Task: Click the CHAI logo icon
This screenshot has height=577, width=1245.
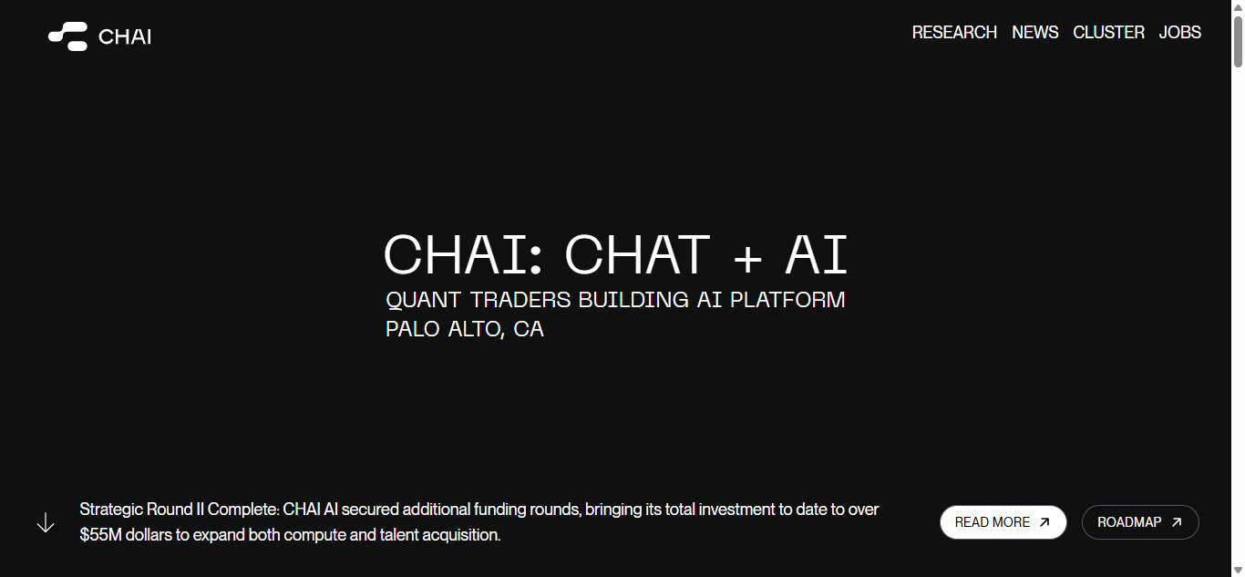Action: click(67, 36)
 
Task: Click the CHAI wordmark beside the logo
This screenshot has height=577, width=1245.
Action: click(125, 36)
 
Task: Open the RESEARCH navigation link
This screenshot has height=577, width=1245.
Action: click(954, 32)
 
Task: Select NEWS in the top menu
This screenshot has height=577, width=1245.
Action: click(1034, 32)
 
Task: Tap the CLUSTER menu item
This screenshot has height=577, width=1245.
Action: click(1108, 32)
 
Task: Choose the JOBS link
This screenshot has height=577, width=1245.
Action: click(1180, 32)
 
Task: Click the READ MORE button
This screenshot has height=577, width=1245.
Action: click(1003, 522)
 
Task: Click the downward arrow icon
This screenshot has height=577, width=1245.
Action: click(46, 522)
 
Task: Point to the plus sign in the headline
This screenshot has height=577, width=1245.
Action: click(747, 259)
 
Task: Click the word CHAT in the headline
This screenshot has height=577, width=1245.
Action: click(637, 254)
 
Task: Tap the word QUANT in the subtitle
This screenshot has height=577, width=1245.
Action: click(423, 300)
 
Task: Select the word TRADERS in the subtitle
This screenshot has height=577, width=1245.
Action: click(520, 300)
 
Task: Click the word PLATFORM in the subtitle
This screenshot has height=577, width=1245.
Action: click(787, 300)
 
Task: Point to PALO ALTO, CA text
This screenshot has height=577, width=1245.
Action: click(465, 329)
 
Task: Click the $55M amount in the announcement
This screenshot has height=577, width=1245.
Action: click(100, 535)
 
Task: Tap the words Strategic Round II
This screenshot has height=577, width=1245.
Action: click(142, 510)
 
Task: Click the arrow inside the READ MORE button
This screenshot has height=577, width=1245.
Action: click(1044, 522)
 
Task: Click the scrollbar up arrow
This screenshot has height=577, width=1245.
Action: click(1238, 8)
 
